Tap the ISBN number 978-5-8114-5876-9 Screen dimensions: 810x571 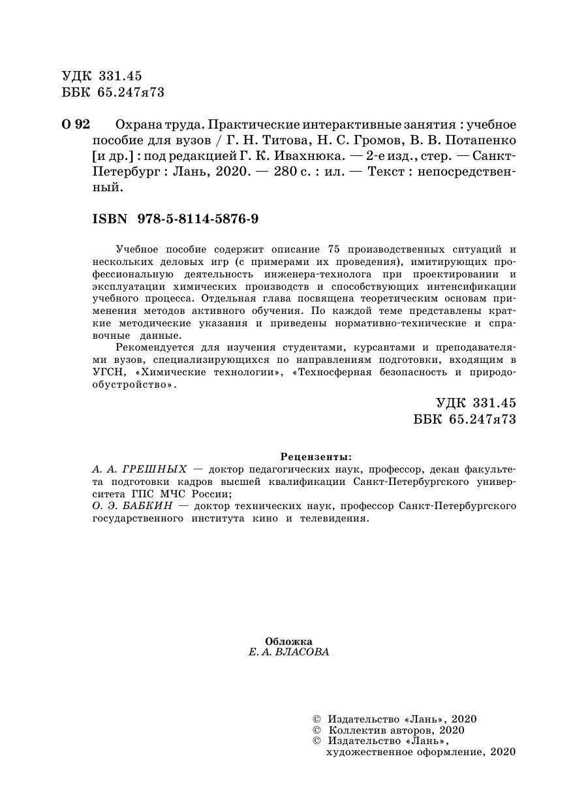tap(198, 219)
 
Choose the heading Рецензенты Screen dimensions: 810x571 tap(315, 456)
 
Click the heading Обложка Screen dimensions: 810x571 tap(289, 641)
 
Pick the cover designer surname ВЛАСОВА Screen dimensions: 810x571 tap(302, 653)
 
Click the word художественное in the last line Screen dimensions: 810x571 tap(365, 752)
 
